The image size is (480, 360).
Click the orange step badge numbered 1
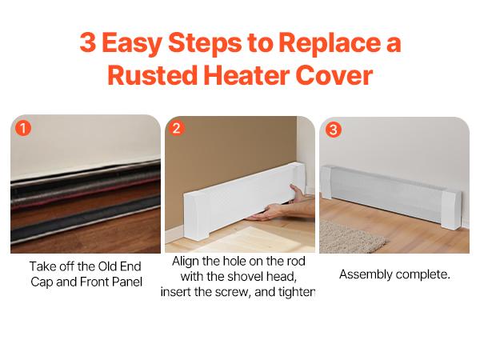pos(22,128)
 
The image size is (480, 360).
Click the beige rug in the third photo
pos(352,235)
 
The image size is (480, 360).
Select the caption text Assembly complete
pos(394,274)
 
